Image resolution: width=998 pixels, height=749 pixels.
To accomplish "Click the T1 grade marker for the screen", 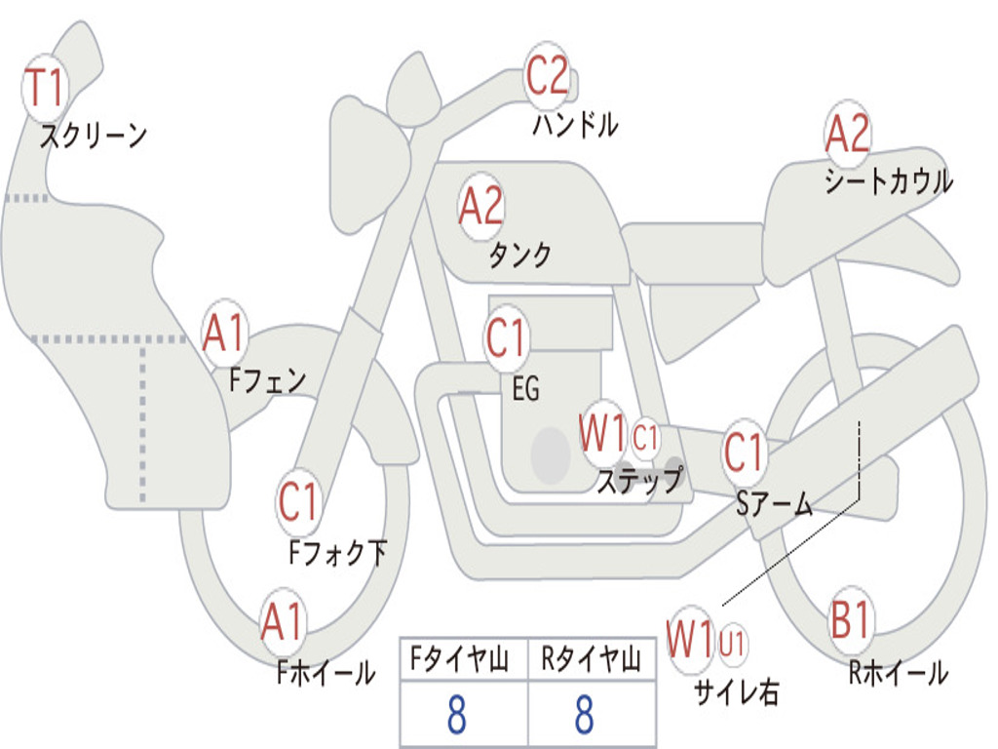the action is tap(45, 88).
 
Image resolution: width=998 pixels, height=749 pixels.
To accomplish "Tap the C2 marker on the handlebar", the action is tap(548, 75).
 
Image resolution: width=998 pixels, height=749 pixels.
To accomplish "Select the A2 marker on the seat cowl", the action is tap(847, 133).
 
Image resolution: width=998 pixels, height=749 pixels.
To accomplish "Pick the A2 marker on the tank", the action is tap(480, 207).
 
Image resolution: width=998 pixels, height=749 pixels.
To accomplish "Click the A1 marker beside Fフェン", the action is tap(223, 334).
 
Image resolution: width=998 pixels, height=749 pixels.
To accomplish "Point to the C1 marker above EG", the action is tap(506, 337).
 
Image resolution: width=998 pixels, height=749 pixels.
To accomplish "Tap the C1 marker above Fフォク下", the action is tap(298, 502).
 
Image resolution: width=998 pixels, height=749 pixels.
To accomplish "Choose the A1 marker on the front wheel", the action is tap(282, 622).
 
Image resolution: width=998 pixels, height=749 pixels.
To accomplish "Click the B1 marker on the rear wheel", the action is tap(850, 619).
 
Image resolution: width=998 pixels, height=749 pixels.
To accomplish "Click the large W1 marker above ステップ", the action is tap(602, 433).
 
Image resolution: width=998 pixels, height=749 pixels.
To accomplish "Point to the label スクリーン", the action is tap(94, 135).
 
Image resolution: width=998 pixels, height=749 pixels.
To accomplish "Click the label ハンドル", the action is tap(575, 124).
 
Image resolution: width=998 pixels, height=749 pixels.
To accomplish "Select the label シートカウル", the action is tap(889, 180).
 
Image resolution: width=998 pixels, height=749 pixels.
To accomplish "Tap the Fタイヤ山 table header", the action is tap(459, 659).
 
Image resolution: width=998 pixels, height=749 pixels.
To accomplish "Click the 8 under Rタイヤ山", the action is tap(585, 714).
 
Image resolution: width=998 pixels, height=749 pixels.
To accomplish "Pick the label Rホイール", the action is tap(898, 672).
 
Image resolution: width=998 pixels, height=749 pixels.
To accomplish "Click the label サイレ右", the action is tap(737, 691).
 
